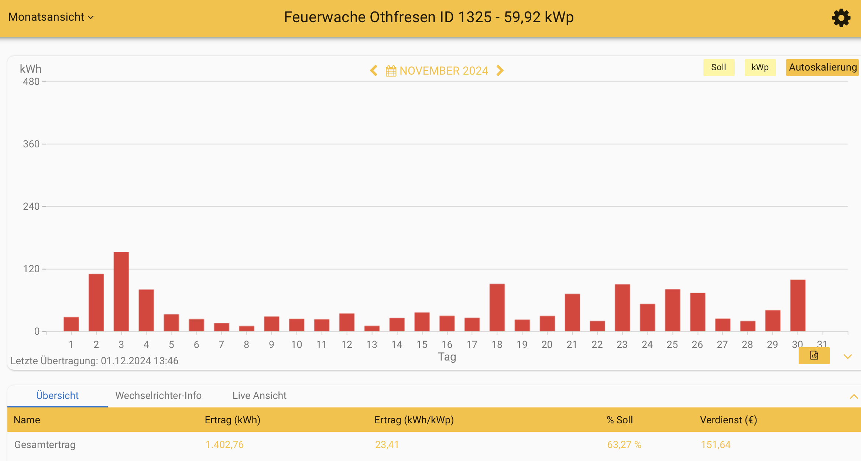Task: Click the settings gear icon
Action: coord(841,18)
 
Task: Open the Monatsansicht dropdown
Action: coord(51,17)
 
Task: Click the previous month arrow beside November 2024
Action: coord(374,71)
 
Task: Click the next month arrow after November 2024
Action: coord(500,71)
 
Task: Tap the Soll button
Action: coord(718,67)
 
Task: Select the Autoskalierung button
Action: coord(822,67)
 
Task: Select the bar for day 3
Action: coord(121,292)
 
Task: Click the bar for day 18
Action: coord(497,307)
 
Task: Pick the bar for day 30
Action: coord(797,305)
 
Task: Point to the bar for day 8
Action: coord(246,328)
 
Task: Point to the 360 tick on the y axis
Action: coord(31,144)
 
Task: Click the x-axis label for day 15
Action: coord(422,345)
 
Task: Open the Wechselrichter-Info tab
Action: coord(158,396)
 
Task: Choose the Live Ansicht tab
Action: coord(259,396)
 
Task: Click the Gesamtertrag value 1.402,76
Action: coord(224,445)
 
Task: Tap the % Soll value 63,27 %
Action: coord(624,445)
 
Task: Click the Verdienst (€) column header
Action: coord(728,420)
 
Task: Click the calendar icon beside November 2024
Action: coord(391,71)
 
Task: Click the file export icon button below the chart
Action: coord(814,356)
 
